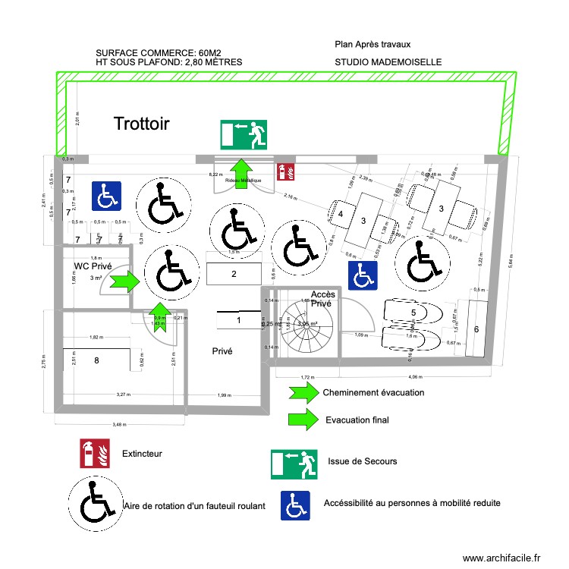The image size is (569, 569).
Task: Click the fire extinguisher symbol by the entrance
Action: pyautogui.click(x=288, y=171)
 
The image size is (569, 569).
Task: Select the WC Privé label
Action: pyautogui.click(x=93, y=266)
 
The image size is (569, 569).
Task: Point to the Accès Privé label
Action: pyautogui.click(x=322, y=298)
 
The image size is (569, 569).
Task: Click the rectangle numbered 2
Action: pyautogui.click(x=234, y=274)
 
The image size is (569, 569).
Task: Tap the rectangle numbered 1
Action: pyautogui.click(x=239, y=321)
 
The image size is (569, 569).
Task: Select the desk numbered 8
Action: pyautogui.click(x=96, y=360)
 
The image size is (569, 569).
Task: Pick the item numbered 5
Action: pyautogui.click(x=413, y=312)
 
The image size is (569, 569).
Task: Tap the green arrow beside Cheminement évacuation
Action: pyautogui.click(x=303, y=392)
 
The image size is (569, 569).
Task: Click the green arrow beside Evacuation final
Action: pyautogui.click(x=303, y=420)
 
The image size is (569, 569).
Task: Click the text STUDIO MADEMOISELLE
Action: pyautogui.click(x=388, y=63)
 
